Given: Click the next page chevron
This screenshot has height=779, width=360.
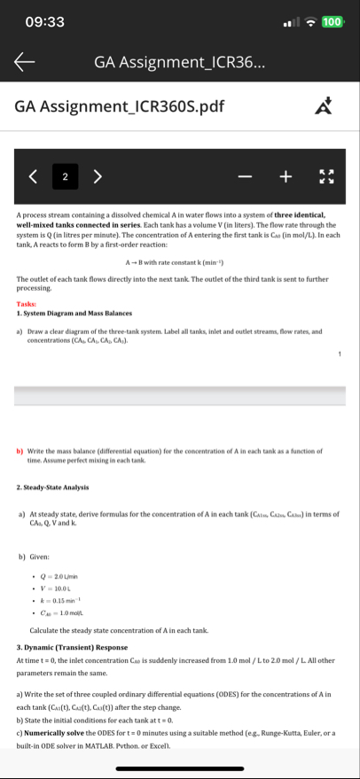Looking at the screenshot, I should tap(98, 175).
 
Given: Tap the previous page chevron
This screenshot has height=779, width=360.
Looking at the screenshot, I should tap(33, 175).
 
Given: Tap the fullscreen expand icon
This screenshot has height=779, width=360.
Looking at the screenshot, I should tap(326, 175).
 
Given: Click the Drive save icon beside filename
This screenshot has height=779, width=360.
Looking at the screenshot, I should tap(325, 107).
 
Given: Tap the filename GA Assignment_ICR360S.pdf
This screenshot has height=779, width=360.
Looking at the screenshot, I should tap(120, 107).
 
